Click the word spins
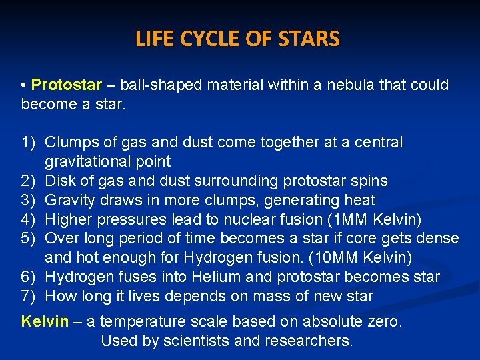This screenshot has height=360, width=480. tap(370, 181)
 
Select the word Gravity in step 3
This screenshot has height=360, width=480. tap(69, 200)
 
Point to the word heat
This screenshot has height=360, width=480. tap(361, 200)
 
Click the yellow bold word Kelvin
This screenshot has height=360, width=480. tap(45, 321)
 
